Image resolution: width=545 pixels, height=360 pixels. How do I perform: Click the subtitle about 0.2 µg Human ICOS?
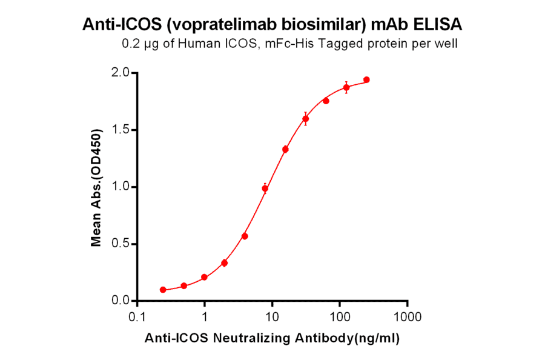(x=289, y=44)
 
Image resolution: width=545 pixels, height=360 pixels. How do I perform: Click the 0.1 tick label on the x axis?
(x=137, y=318)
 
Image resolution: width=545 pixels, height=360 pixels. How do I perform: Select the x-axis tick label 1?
(x=205, y=318)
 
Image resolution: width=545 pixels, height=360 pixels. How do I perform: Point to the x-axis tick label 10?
(x=272, y=318)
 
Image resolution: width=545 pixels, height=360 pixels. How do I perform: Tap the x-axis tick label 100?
(x=340, y=318)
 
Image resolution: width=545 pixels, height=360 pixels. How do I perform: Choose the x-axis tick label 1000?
(x=408, y=318)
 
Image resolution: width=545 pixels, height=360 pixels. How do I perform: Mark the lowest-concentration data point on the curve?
(x=163, y=290)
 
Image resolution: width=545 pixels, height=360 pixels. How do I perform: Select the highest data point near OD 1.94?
(x=366, y=80)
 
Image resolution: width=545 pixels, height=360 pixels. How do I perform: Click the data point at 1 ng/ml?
(x=205, y=277)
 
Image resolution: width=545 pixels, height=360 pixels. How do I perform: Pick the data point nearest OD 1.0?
(x=265, y=188)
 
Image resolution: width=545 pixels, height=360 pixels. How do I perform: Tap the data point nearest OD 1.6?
(x=306, y=119)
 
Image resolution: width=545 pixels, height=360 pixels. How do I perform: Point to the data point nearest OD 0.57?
(x=245, y=236)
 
